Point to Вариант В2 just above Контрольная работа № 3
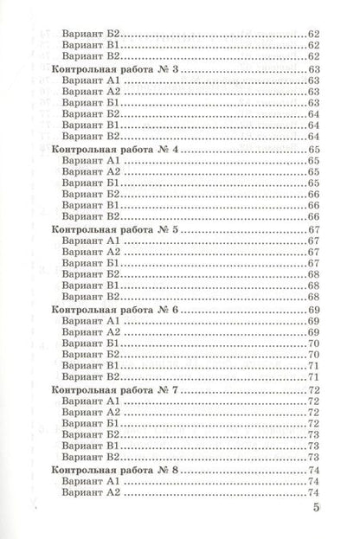pyautogui.click(x=92, y=55)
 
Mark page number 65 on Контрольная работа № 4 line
pyautogui.click(x=313, y=150)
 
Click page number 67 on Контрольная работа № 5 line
pyautogui.click(x=313, y=229)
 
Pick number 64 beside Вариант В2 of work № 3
pyautogui.click(x=313, y=137)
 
